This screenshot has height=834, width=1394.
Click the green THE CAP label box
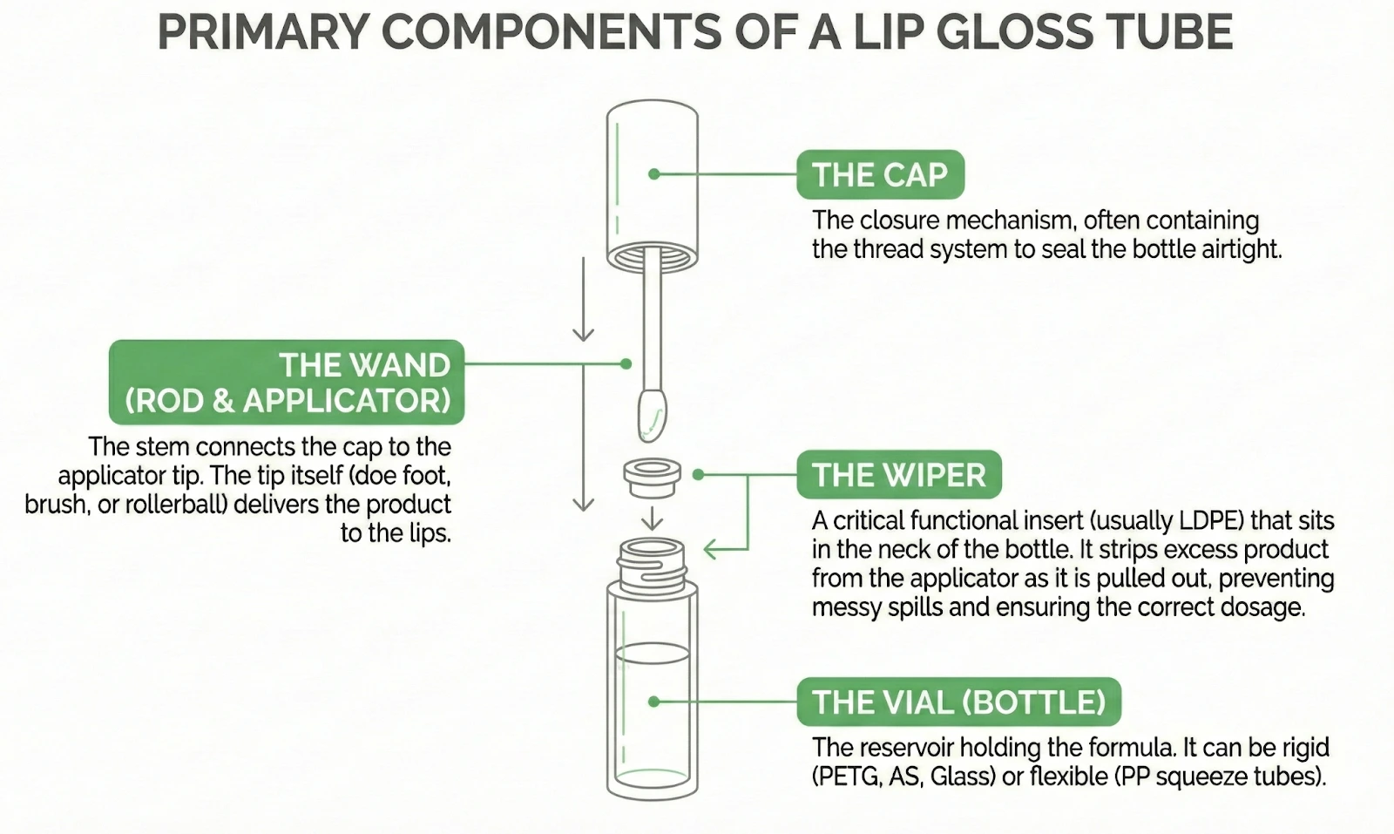(880, 174)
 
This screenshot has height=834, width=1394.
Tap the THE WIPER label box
(898, 475)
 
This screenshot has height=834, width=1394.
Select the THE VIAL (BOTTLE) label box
(958, 702)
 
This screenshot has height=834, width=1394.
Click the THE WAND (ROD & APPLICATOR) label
(287, 382)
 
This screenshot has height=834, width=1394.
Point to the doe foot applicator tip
(653, 414)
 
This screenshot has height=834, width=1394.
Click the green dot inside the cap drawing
(654, 174)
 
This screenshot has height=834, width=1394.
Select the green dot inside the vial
(654, 702)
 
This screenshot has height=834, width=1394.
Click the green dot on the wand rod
(626, 363)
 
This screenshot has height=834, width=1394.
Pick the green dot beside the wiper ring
(698, 475)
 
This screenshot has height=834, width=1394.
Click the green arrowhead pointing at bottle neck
(709, 549)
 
